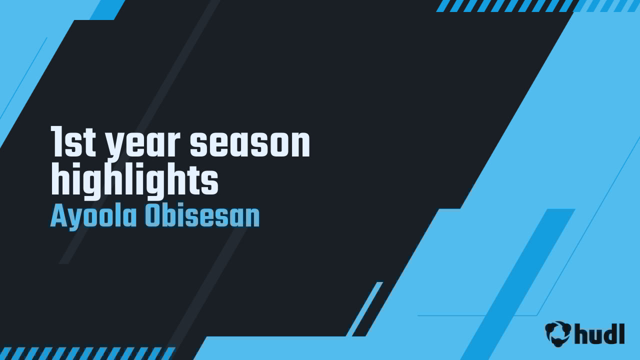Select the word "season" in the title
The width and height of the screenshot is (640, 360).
tap(250, 143)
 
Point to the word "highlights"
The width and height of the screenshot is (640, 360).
tap(135, 181)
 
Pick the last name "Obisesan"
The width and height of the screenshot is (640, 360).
tap(202, 216)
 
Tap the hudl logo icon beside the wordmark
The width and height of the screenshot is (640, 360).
tap(558, 333)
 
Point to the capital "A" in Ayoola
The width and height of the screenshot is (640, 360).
tap(58, 216)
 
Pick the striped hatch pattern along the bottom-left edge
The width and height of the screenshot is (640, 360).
tap(85, 353)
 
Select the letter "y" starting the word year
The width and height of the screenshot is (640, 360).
tap(114, 146)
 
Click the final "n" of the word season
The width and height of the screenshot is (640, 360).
tap(300, 144)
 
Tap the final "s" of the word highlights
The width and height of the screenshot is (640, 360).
tap(210, 182)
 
